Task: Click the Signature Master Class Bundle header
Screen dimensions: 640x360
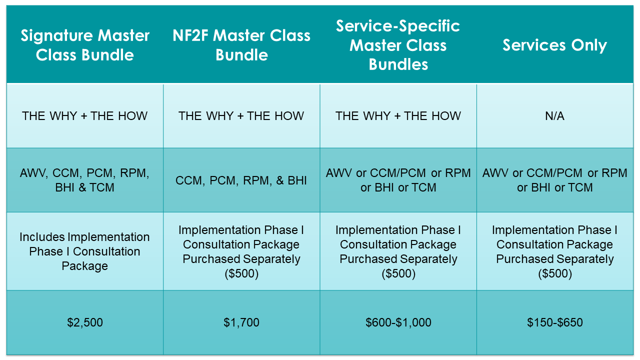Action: pyautogui.click(x=85, y=45)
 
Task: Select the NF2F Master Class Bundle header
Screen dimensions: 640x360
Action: pyautogui.click(x=241, y=45)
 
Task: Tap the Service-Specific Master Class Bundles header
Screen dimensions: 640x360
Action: pyautogui.click(x=398, y=45)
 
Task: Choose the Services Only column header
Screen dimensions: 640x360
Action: pyautogui.click(x=554, y=45)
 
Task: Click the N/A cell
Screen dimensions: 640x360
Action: pyautogui.click(x=554, y=116)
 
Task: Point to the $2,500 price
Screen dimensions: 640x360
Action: pyautogui.click(x=85, y=322)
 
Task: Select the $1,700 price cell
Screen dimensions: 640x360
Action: pyautogui.click(x=241, y=322)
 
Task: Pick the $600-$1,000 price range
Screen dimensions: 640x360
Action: pyautogui.click(x=398, y=322)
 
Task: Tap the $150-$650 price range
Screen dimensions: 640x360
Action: pyautogui.click(x=555, y=322)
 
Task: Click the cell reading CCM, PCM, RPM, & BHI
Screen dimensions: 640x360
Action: pyautogui.click(x=241, y=180)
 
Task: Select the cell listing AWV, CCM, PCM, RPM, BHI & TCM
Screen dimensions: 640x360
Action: pyautogui.click(x=84, y=180)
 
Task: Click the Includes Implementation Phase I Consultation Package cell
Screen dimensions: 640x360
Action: pyautogui.click(x=84, y=251)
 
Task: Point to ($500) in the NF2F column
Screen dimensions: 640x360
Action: pyautogui.click(x=241, y=273)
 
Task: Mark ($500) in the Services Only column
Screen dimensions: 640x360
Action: pyautogui.click(x=555, y=273)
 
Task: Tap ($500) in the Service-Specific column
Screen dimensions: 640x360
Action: pyautogui.click(x=398, y=273)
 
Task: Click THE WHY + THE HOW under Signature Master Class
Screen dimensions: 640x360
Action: pyautogui.click(x=84, y=116)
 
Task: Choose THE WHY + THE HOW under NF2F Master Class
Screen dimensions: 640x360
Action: pyautogui.click(x=241, y=116)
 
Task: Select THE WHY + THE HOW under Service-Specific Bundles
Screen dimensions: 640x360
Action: pyautogui.click(x=398, y=116)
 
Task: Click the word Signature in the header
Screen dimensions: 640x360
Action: pyautogui.click(x=56, y=36)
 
